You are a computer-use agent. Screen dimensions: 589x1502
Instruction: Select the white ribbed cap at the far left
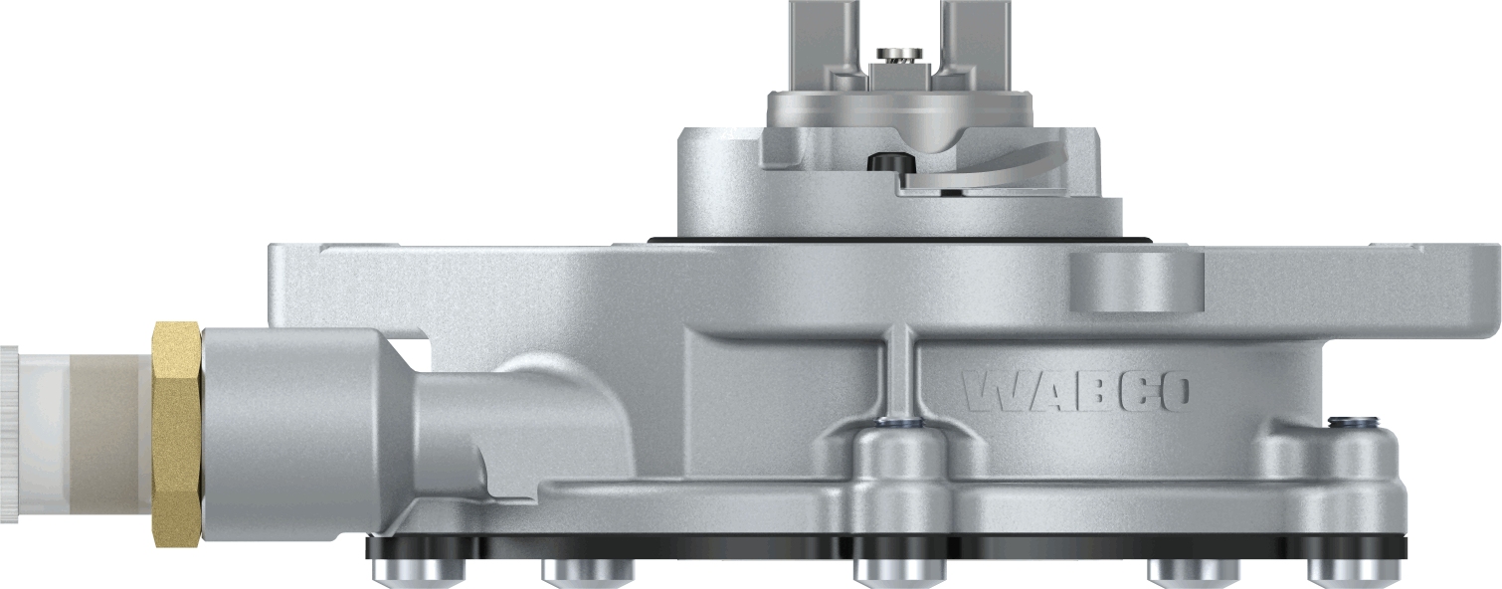tap(10, 434)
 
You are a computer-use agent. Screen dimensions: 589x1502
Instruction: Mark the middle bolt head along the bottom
tap(899, 569)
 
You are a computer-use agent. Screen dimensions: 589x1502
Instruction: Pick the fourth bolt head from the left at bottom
tap(1194, 570)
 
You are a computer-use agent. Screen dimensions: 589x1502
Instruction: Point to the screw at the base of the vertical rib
tap(898, 423)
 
